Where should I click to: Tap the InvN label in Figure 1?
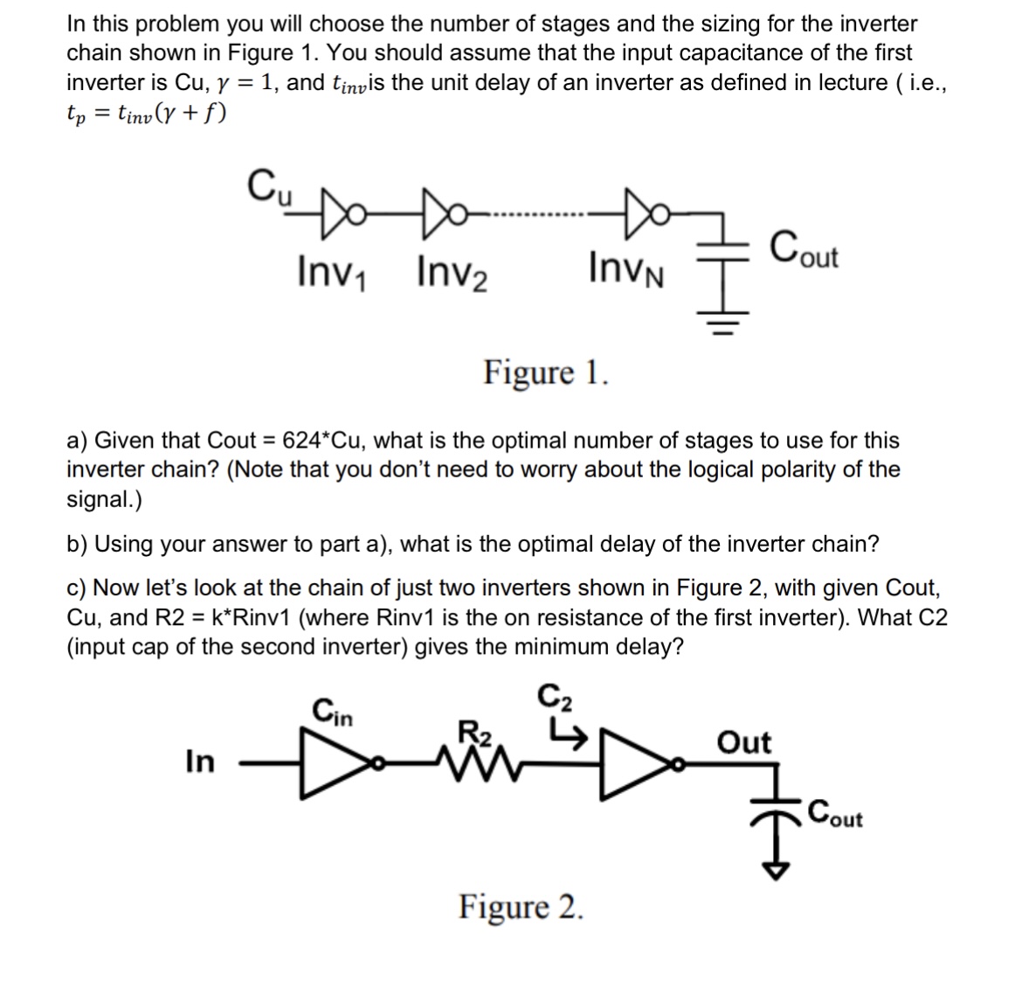click(626, 268)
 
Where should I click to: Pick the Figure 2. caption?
click(521, 907)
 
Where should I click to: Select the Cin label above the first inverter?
click(333, 712)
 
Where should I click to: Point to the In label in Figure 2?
click(199, 761)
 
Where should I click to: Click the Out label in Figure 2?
click(743, 742)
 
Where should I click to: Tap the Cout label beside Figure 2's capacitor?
click(835, 815)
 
